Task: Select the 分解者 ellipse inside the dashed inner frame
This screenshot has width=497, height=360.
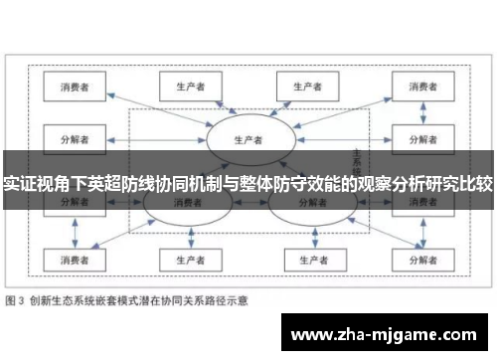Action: (x=308, y=204)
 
